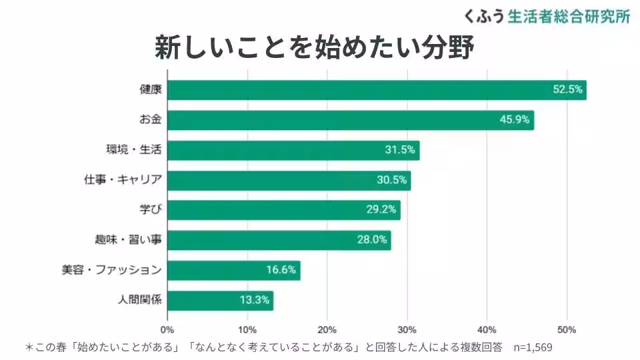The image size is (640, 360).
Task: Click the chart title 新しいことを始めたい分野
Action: pos(314,48)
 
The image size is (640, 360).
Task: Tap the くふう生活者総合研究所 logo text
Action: pos(546,17)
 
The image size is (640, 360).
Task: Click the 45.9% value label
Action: pos(514,120)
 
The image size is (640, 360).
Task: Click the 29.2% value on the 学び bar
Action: pos(381,210)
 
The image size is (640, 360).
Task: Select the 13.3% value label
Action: pos(255,301)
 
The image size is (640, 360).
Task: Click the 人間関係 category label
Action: pos(139,301)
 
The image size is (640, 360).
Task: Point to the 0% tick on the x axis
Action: pos(167,329)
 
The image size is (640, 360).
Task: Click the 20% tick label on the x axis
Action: pos(327,329)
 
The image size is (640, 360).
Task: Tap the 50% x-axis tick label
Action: pos(567,329)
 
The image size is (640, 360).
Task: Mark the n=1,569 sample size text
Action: pos(533,347)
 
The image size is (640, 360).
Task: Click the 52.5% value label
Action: pos(568,90)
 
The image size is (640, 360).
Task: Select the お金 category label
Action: pos(151,120)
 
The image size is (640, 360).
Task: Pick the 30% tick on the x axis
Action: pos(407,329)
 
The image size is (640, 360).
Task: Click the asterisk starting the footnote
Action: pos(29,347)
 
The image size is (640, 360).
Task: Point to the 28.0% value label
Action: pos(372,241)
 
